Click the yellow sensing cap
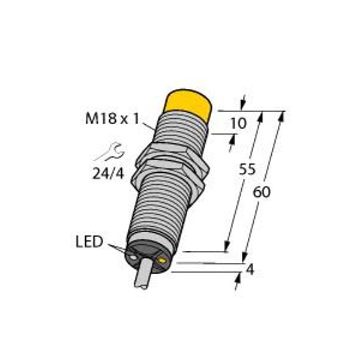click(x=188, y=103)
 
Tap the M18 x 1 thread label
click(x=112, y=119)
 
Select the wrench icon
click(x=110, y=151)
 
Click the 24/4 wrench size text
click(x=108, y=173)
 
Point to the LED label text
click(x=89, y=242)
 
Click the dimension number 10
click(x=239, y=124)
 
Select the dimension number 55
click(x=247, y=169)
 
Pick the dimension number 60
click(x=262, y=192)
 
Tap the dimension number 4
click(x=250, y=269)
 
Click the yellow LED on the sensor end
click(x=162, y=260)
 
